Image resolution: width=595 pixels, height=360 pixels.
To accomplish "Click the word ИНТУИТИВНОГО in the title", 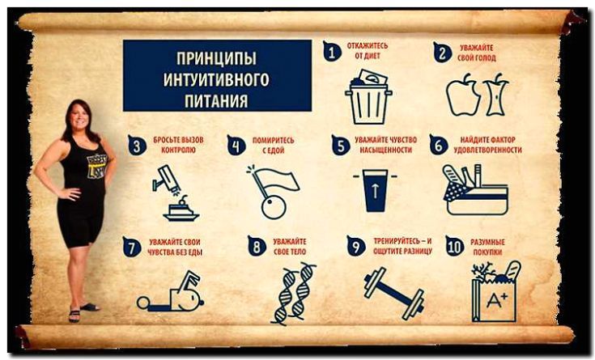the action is [x=216, y=79].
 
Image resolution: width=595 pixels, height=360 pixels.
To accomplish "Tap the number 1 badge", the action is [x=332, y=51].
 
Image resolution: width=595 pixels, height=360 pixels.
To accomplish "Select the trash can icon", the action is [x=368, y=97].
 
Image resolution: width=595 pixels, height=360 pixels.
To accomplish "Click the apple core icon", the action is [x=496, y=95].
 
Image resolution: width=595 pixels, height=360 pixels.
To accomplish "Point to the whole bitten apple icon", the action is [x=463, y=95].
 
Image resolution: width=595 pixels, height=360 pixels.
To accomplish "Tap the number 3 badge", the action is [x=138, y=145].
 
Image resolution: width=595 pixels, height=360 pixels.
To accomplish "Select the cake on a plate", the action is [x=181, y=210].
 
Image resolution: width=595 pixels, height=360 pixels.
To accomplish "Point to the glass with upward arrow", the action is [x=375, y=190].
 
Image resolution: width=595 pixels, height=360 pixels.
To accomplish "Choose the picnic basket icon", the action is [x=475, y=189].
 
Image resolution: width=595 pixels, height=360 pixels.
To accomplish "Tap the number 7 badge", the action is [x=132, y=247].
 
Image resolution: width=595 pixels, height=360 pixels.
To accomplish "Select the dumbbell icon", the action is [x=394, y=293].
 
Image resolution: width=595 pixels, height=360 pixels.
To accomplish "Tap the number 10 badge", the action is [x=455, y=246].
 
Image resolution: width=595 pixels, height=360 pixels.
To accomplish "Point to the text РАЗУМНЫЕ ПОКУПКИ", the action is [x=487, y=247].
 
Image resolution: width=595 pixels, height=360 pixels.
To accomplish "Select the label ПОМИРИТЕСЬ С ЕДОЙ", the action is [x=274, y=146].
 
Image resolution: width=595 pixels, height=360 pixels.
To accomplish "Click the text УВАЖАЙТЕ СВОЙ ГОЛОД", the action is [x=477, y=53].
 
